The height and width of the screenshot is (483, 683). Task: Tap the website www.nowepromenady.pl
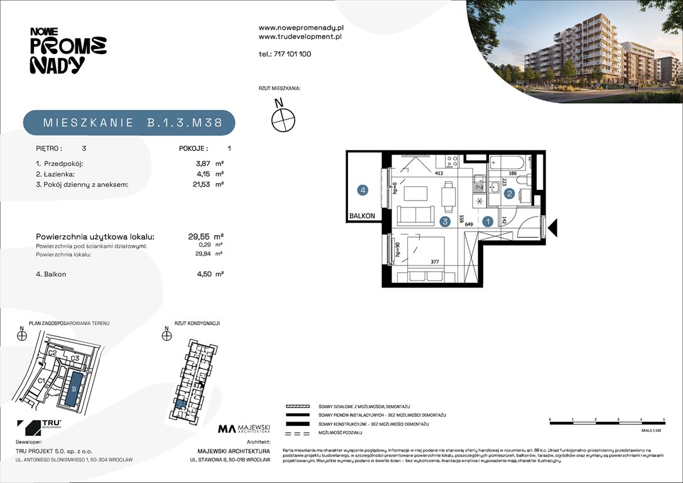301,28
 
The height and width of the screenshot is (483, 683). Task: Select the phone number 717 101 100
285,54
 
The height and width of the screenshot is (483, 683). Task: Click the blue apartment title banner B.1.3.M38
129,123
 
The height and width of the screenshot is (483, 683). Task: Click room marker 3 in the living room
445,221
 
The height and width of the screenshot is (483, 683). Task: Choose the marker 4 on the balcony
363,189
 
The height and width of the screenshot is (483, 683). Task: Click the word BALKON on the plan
363,216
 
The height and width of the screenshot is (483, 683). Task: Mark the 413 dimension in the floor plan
439,172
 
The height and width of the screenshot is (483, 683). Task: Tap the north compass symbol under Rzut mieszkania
283,118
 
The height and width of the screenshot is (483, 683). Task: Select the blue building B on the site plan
74,389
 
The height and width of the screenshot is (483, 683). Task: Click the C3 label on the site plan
74,358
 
